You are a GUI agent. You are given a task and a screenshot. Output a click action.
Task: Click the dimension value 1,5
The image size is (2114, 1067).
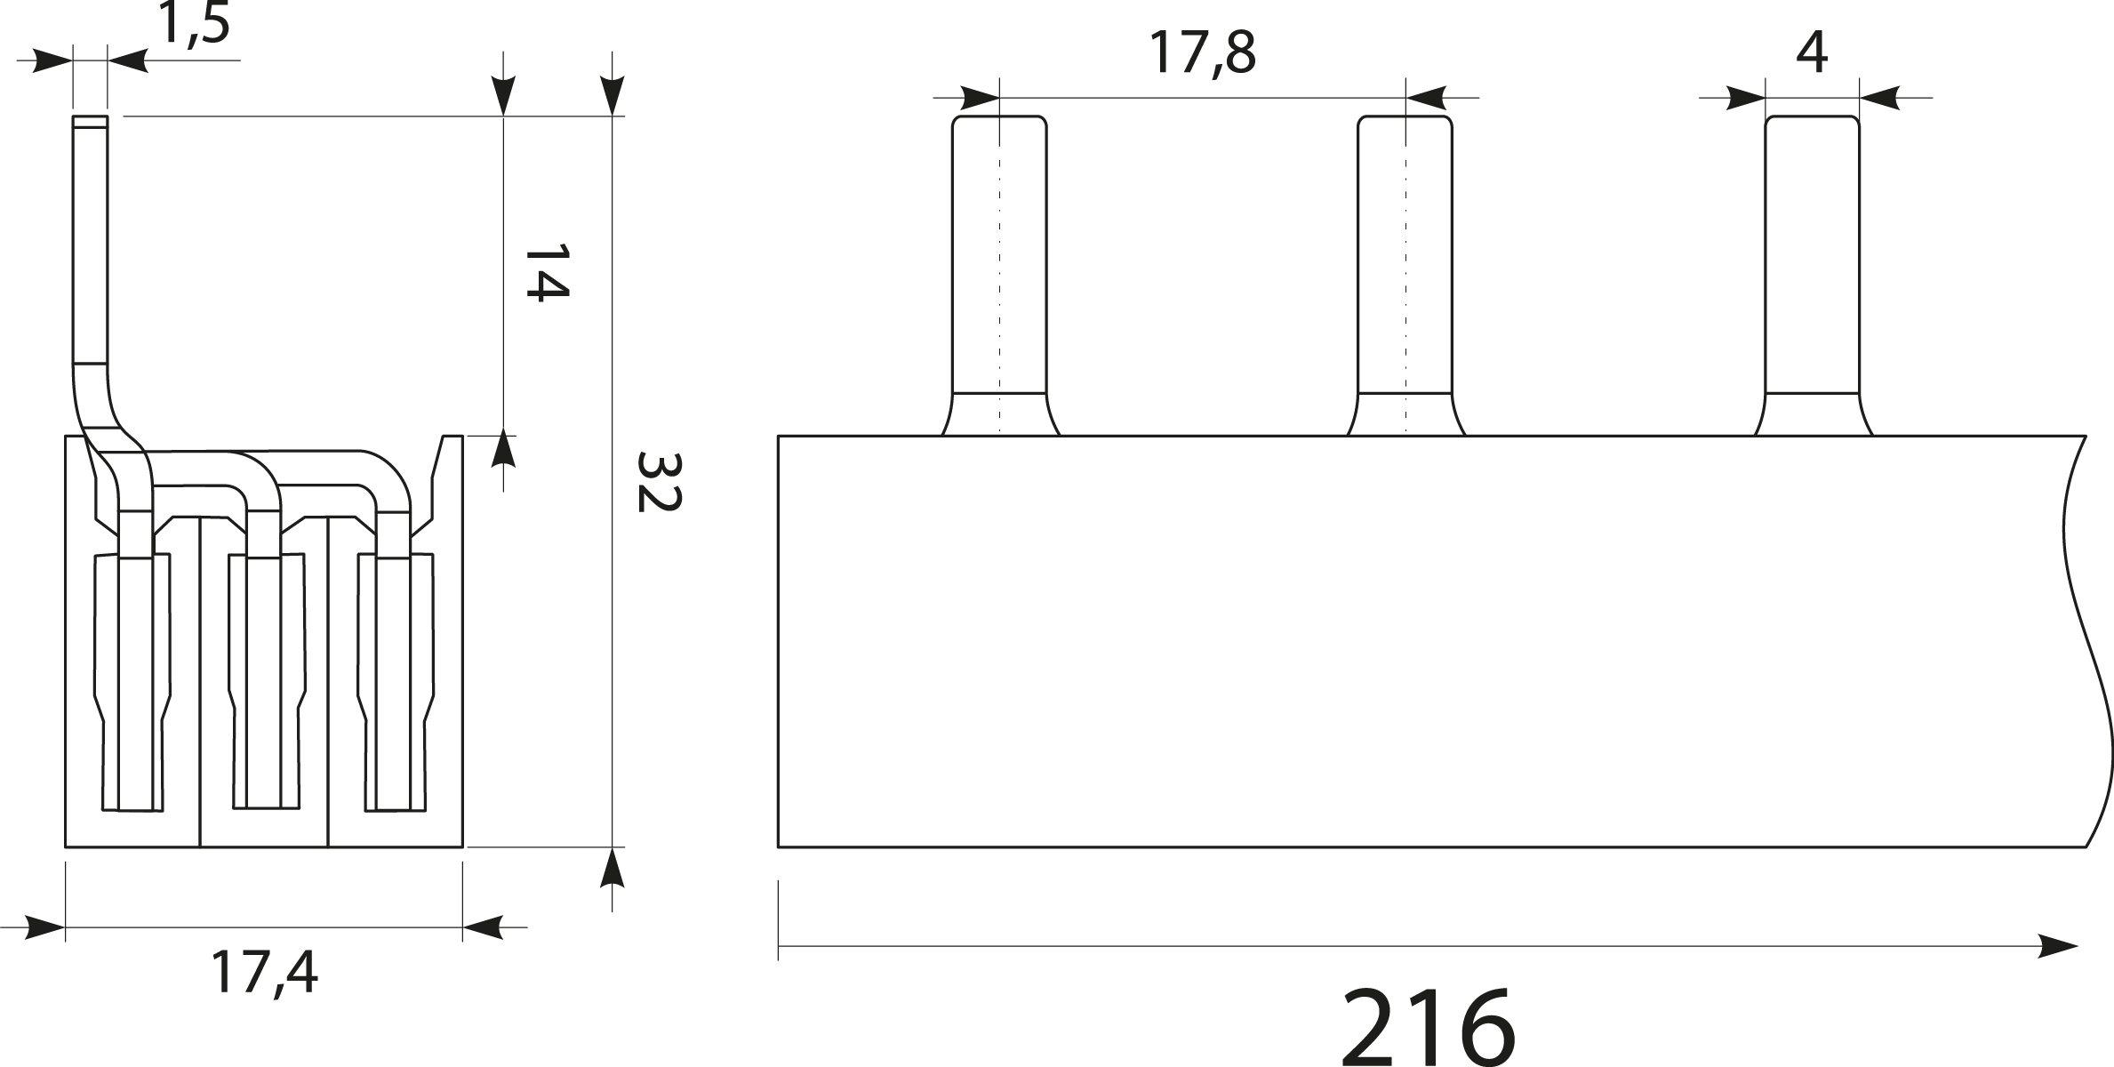click(x=194, y=25)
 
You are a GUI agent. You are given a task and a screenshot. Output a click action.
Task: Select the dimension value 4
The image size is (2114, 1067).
click(x=1811, y=53)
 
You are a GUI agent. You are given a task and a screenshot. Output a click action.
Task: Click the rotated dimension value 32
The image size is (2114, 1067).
click(x=658, y=482)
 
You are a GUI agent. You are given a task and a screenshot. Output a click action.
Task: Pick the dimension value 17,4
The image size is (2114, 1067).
click(x=264, y=972)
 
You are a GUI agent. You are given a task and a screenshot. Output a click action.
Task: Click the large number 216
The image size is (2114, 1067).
click(x=1427, y=1027)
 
